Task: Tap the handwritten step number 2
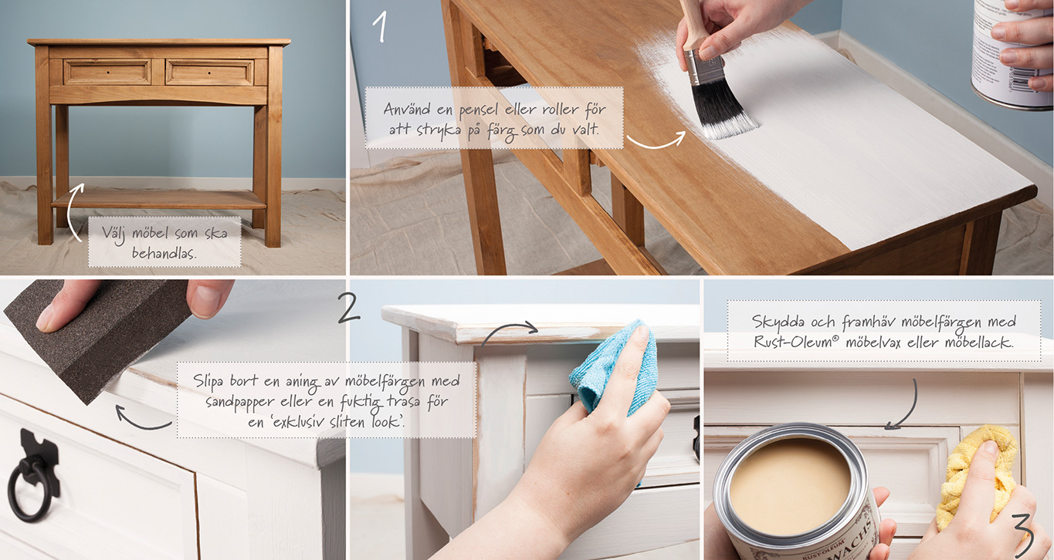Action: click(x=349, y=308)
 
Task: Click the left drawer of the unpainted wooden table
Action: click(x=107, y=72)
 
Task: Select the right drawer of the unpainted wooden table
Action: click(x=209, y=73)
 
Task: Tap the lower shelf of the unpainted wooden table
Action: click(x=159, y=199)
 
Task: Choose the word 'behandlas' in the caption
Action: click(x=163, y=254)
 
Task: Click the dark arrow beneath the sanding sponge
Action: click(x=141, y=421)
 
